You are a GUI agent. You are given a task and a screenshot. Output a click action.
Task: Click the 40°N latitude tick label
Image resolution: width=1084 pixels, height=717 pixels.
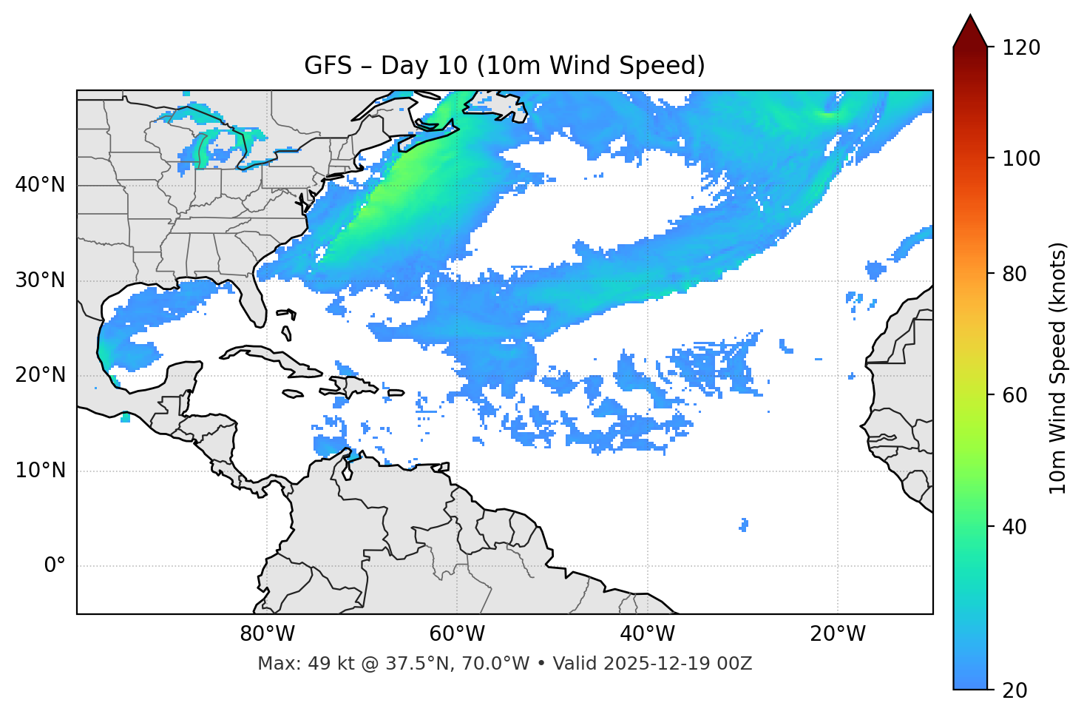[40, 185]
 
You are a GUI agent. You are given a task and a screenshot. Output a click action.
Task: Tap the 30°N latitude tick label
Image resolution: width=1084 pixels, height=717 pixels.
[40, 280]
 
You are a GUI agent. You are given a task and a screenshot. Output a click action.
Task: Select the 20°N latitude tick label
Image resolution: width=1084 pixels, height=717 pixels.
[40, 375]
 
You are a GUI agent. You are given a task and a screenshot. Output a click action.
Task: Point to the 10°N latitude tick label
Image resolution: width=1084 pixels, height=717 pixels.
[40, 471]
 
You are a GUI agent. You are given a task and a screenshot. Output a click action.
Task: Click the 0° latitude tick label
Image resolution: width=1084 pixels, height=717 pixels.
[54, 566]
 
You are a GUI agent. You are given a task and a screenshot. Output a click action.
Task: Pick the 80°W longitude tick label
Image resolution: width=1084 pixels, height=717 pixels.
[267, 634]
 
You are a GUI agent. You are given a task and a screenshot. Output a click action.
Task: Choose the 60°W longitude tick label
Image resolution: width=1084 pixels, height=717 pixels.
[457, 634]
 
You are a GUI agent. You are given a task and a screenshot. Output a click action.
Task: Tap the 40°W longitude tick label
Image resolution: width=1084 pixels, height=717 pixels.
[647, 634]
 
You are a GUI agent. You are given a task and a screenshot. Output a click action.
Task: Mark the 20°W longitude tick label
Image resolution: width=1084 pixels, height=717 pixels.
[838, 634]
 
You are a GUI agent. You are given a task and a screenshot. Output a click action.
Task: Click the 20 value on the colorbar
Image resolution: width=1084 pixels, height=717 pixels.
[1015, 690]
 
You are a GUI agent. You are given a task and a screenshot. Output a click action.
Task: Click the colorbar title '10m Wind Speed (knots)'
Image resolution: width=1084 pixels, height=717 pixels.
[1058, 368]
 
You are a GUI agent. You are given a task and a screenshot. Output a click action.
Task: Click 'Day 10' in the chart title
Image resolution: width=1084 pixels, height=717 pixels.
[424, 66]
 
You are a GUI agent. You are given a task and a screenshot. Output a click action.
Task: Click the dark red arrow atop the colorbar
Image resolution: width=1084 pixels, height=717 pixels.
[970, 32]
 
